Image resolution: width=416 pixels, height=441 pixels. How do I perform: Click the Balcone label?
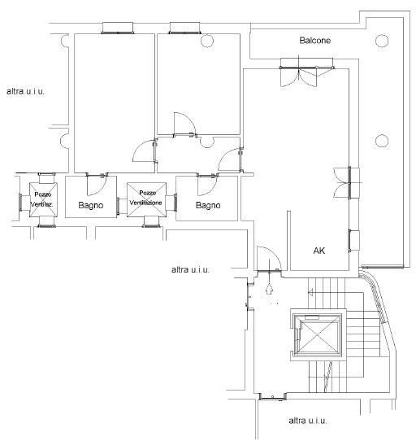click(x=315, y=41)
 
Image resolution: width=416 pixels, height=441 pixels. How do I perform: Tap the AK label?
click(x=319, y=251)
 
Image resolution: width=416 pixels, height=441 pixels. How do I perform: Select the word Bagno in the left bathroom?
click(x=91, y=205)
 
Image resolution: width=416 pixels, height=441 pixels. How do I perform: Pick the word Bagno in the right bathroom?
click(x=208, y=205)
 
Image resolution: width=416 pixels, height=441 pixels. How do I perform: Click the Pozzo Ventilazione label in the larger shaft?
click(x=145, y=198)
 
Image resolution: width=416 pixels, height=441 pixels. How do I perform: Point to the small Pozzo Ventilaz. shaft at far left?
click(x=43, y=199)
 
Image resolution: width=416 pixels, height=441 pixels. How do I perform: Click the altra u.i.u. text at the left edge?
click(x=25, y=91)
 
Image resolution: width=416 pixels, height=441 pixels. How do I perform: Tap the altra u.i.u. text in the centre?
click(x=190, y=269)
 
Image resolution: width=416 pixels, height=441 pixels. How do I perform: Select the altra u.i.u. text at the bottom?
click(x=308, y=421)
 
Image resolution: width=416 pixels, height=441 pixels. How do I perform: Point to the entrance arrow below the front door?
click(x=269, y=289)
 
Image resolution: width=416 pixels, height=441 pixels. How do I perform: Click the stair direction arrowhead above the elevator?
click(x=310, y=292)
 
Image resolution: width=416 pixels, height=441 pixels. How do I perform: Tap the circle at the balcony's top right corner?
click(x=382, y=41)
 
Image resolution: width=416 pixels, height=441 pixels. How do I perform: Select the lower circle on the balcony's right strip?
click(x=382, y=141)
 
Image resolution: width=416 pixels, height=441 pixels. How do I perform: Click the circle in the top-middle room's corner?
click(x=207, y=41)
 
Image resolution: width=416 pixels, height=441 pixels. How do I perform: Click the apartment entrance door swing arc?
click(x=276, y=255)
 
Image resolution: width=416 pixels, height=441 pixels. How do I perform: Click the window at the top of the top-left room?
click(x=118, y=28)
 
